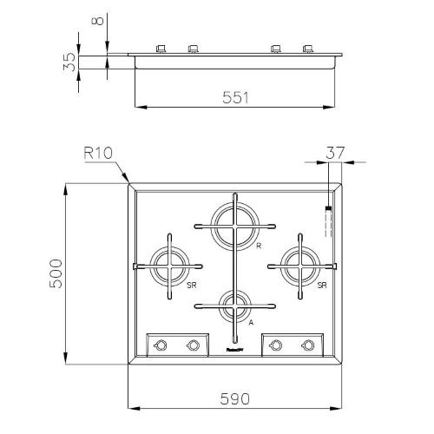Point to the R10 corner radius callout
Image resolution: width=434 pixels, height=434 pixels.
[x=100, y=154]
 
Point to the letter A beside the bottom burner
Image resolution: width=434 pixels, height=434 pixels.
[x=251, y=321]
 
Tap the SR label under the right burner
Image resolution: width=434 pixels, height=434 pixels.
[x=321, y=285]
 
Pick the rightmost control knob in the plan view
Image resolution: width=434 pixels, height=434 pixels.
[x=307, y=345]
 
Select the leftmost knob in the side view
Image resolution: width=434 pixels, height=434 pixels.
[x=161, y=49]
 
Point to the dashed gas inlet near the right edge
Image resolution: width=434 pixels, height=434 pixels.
[x=327, y=221]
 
